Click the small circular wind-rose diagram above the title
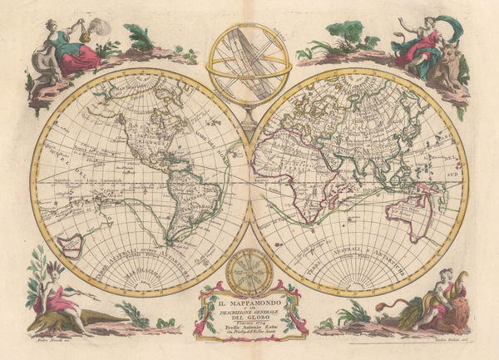pyautogui.click(x=249, y=270)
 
